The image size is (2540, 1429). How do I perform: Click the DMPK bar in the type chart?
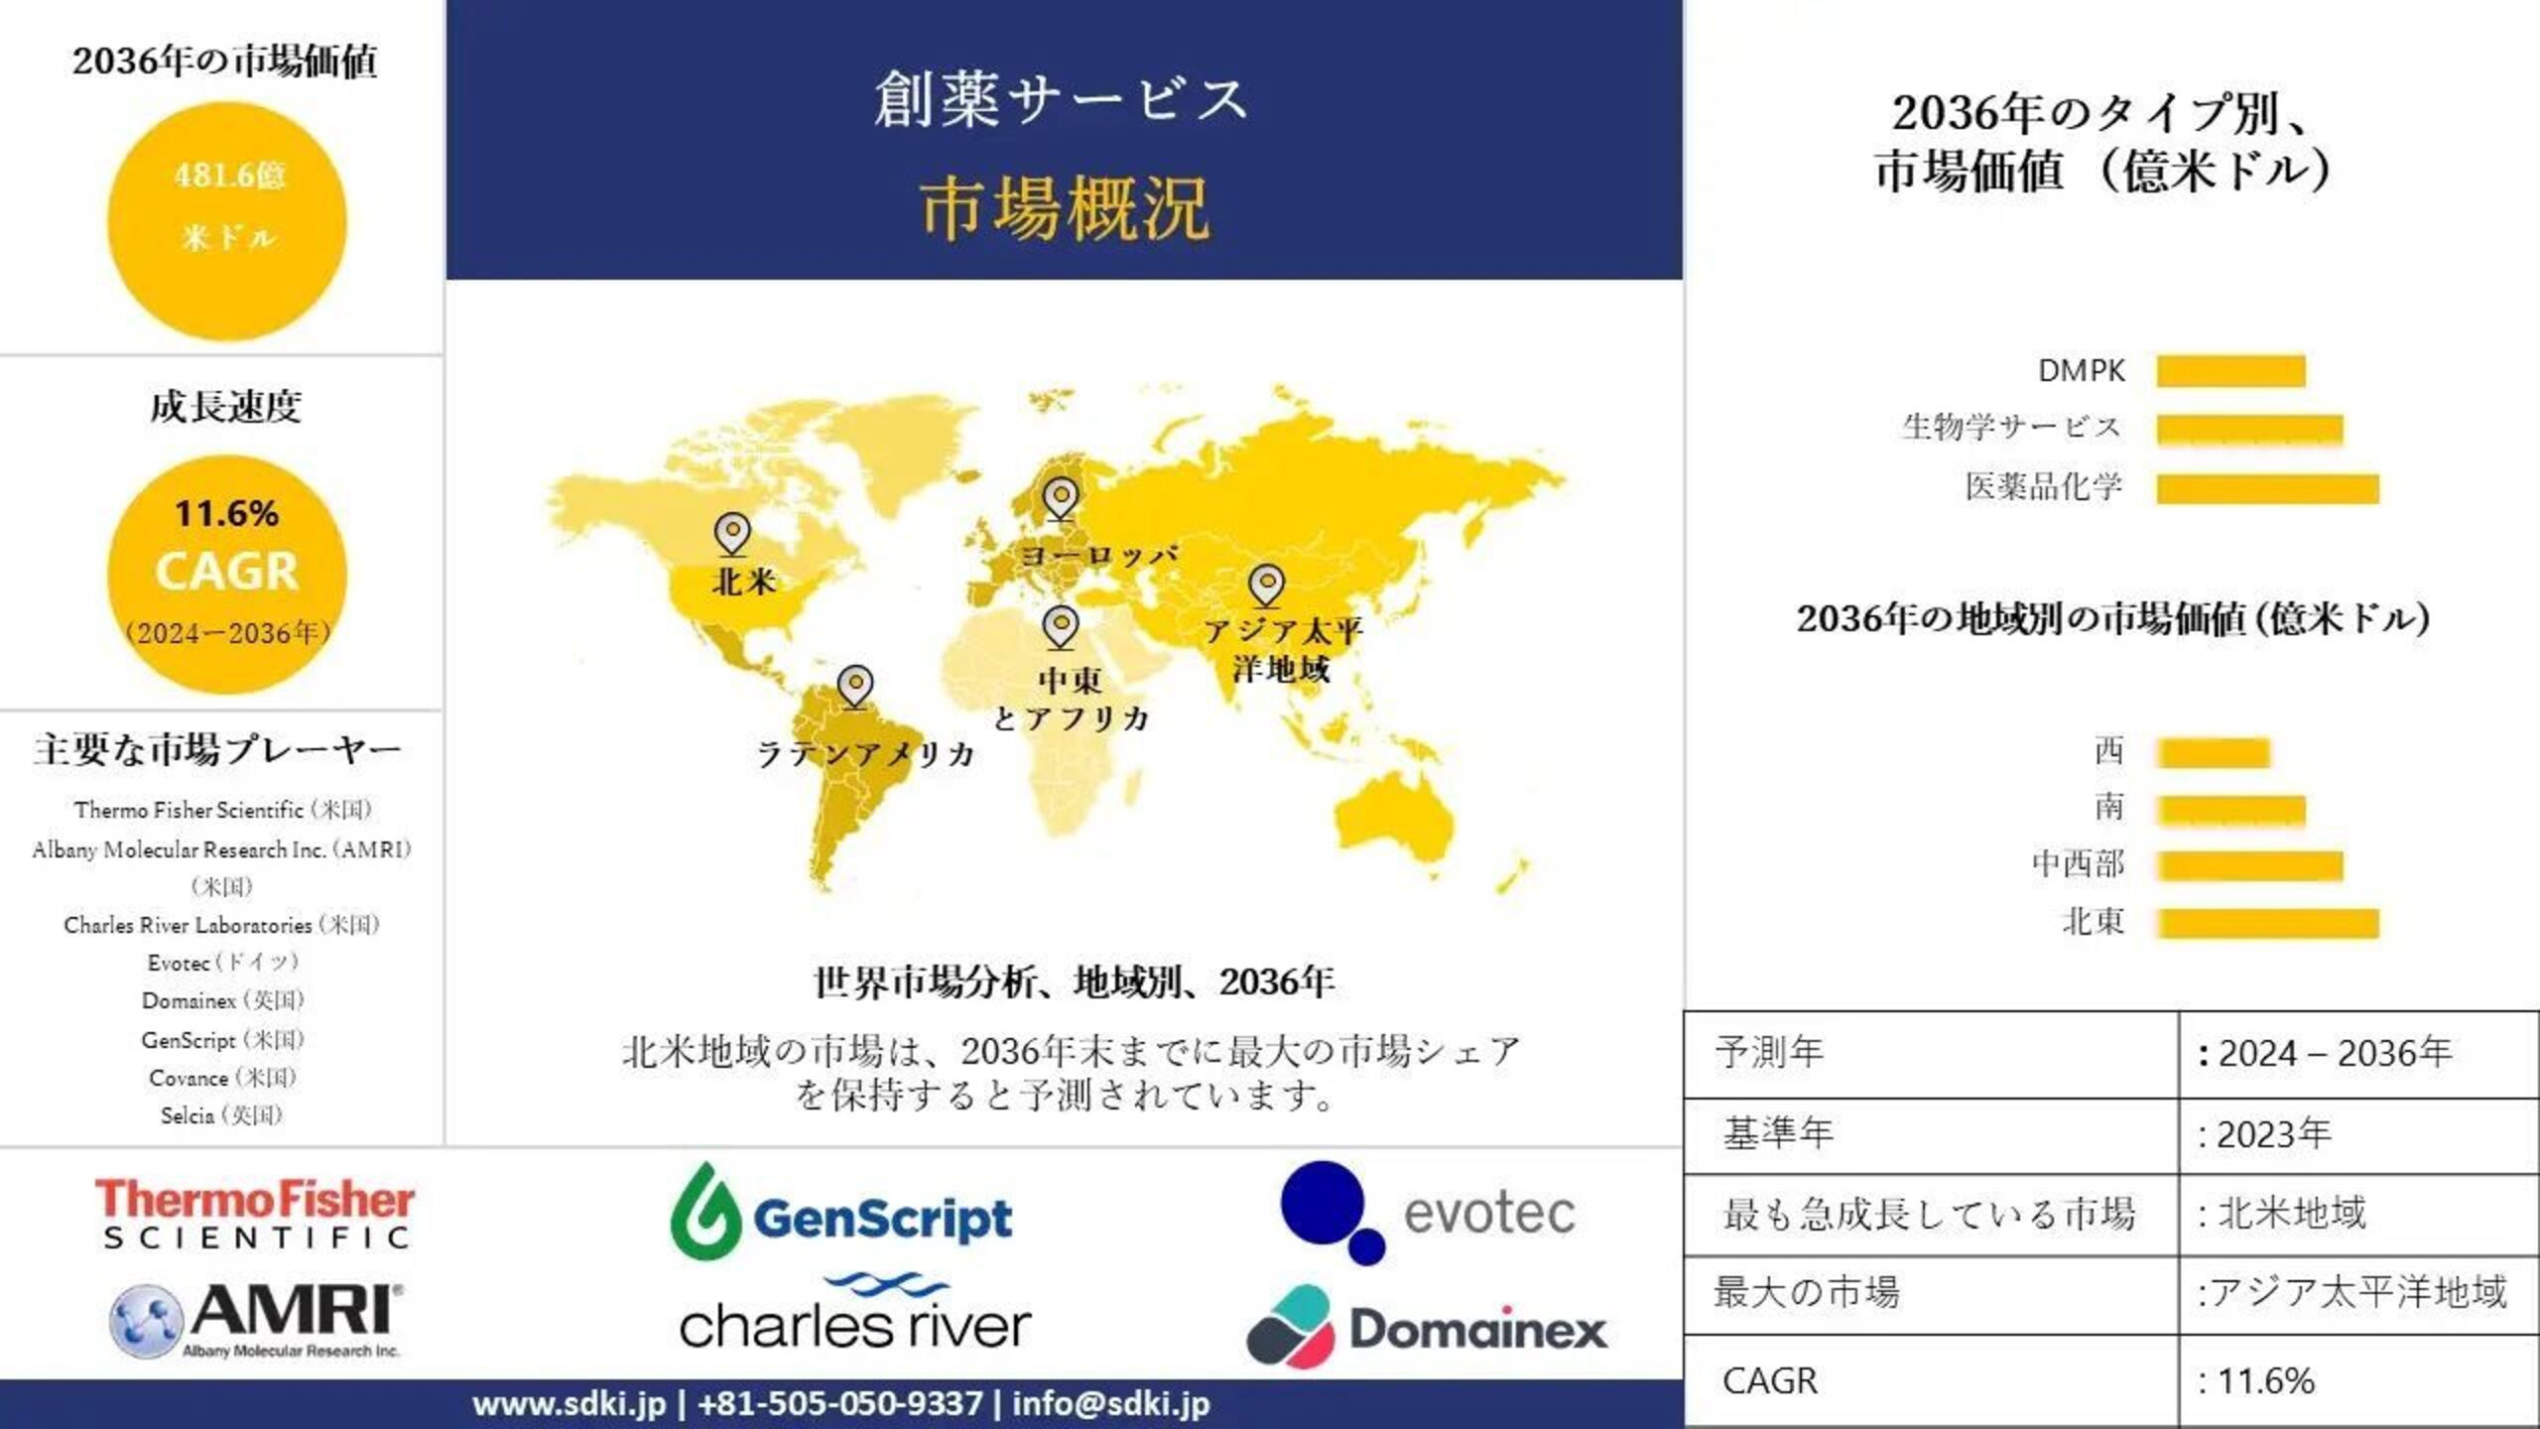(2229, 371)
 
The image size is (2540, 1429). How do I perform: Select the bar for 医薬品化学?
(2267, 488)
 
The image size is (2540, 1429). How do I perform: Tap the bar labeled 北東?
(2267, 923)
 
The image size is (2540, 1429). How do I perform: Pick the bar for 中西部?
(2249, 865)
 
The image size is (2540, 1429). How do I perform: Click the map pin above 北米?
(732, 533)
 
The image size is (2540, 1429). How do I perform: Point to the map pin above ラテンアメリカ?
(854, 686)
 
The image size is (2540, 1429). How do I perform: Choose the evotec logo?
(1427, 1213)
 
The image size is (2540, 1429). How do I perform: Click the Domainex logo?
(1427, 1328)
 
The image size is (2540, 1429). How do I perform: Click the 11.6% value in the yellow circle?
(226, 514)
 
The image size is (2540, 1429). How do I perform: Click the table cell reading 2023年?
(2272, 1134)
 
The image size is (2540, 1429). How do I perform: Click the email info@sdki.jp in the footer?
(1110, 1404)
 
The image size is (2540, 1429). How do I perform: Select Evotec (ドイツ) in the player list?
(222, 963)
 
